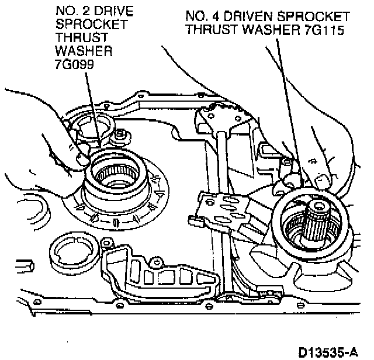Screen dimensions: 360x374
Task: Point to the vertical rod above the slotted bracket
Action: tap(223, 158)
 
